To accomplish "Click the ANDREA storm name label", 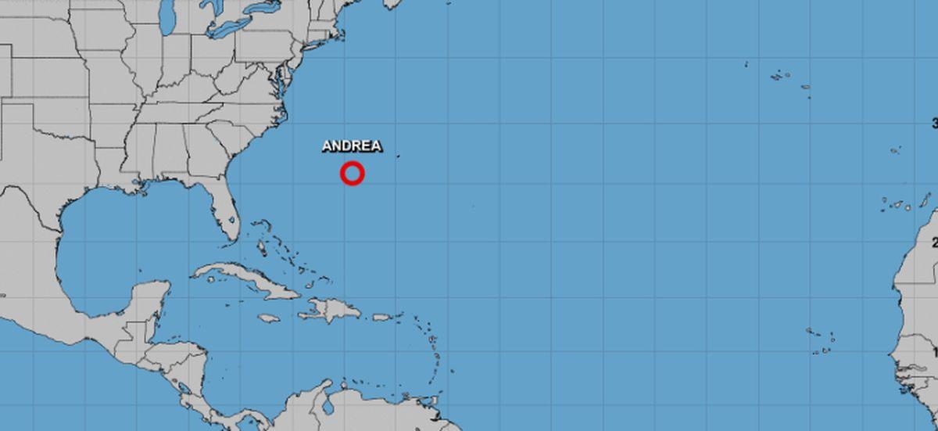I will point(352,146).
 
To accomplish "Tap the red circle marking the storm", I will point(353,174).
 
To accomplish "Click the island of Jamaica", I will point(269,318).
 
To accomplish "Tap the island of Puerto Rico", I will point(382,317).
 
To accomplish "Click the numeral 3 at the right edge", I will point(934,123).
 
